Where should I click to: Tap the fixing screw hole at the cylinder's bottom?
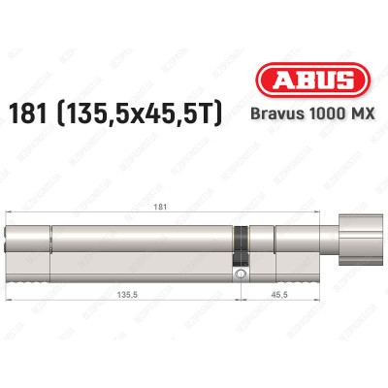pos(241,275)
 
